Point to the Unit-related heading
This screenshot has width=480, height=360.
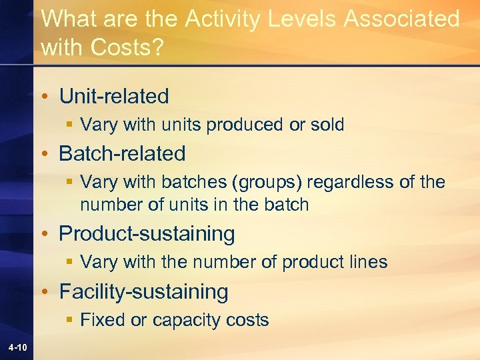tap(114, 96)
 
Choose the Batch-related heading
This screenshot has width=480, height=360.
tap(122, 153)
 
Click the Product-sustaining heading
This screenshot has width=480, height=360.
tap(147, 233)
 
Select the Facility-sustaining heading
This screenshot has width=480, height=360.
tap(143, 291)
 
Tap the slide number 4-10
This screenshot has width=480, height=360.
tap(18, 347)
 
